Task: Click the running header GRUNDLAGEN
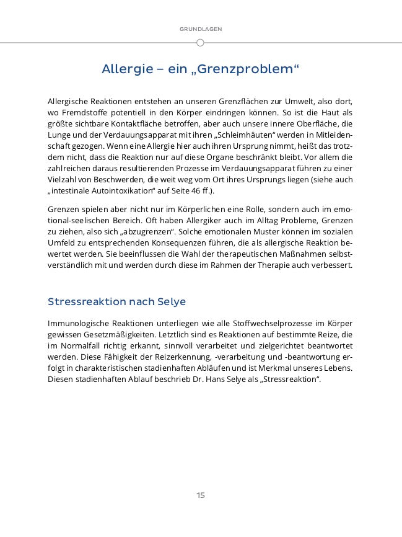[201, 29]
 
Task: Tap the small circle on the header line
[200, 43]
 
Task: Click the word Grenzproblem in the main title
[253, 69]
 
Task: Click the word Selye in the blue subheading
[172, 302]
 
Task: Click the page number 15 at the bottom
[201, 495]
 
